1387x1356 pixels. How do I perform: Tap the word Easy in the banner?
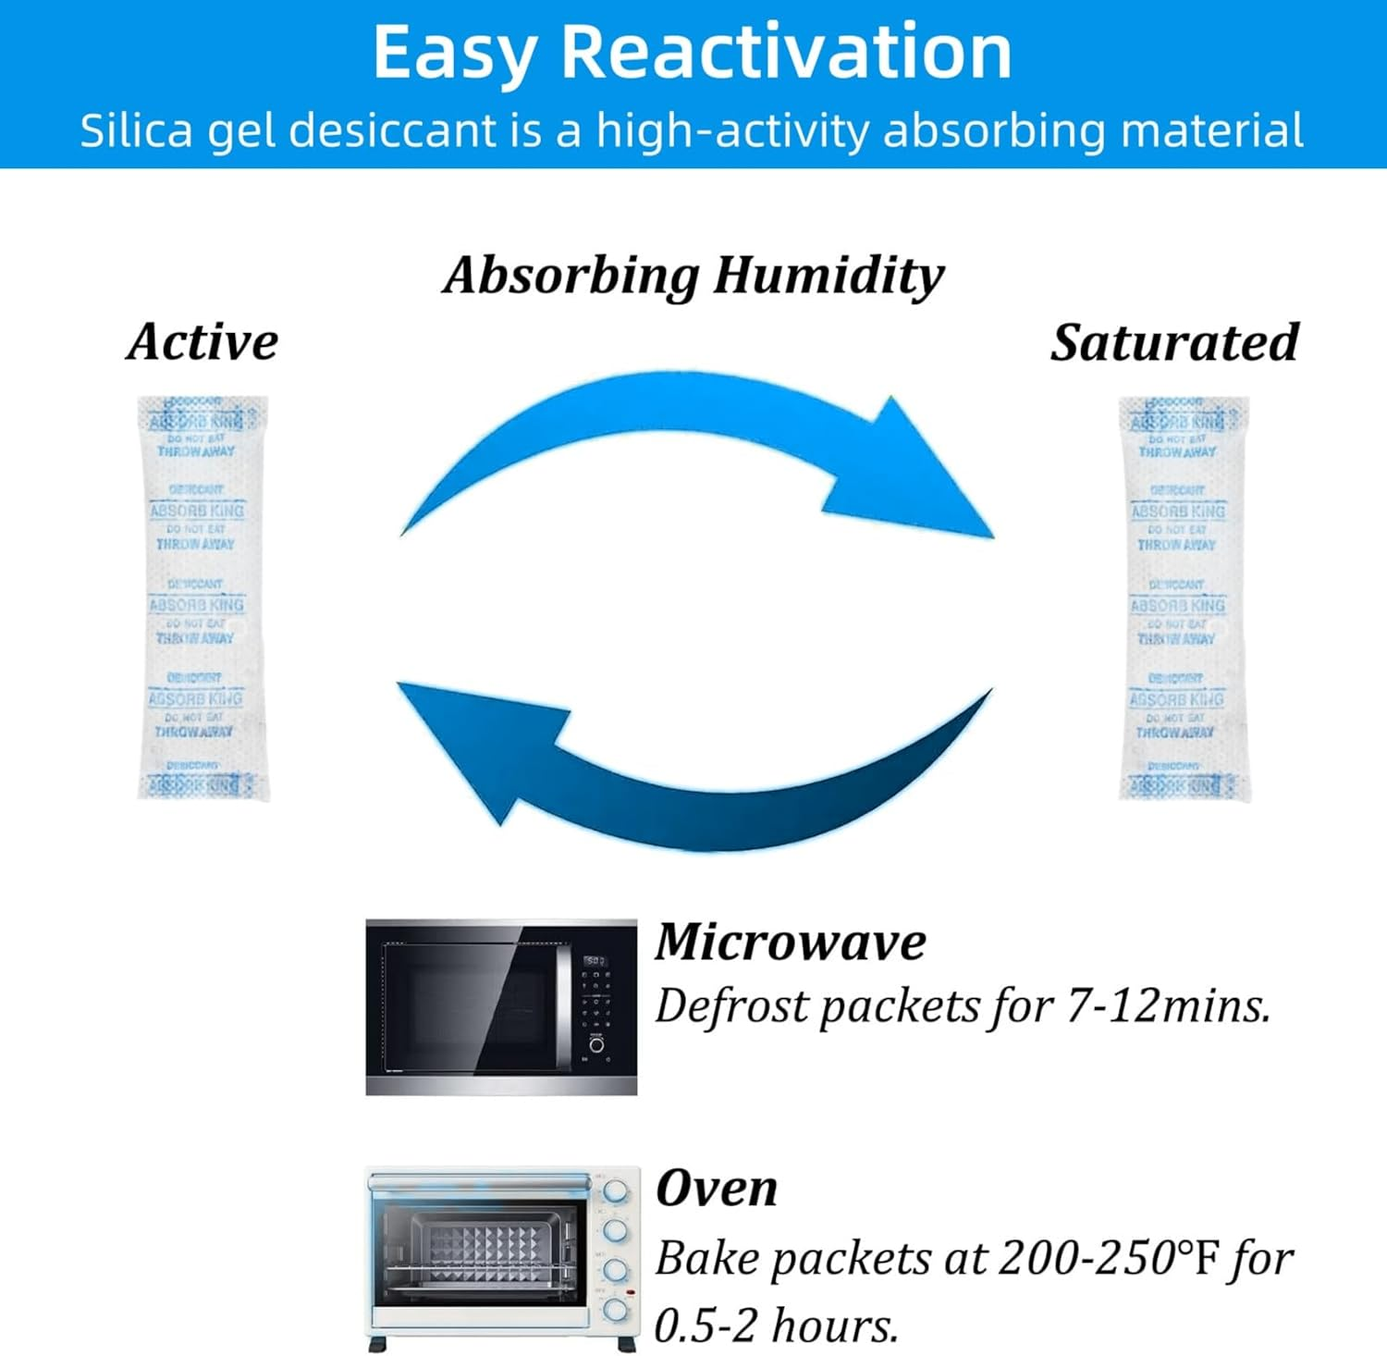point(454,54)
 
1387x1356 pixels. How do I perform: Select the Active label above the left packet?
point(203,341)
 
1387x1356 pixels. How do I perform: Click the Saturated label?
point(1174,342)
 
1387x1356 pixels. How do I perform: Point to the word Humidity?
point(829,275)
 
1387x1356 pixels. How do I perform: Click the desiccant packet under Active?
point(202,598)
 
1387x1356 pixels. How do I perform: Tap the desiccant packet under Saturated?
point(1183,598)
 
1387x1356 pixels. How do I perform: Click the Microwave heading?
point(791,942)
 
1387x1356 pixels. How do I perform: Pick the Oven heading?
point(717,1188)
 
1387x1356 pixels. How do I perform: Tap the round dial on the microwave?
point(597,1045)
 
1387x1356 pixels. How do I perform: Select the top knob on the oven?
point(615,1191)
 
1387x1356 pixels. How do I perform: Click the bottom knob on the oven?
point(615,1310)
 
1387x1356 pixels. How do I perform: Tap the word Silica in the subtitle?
point(135,129)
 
